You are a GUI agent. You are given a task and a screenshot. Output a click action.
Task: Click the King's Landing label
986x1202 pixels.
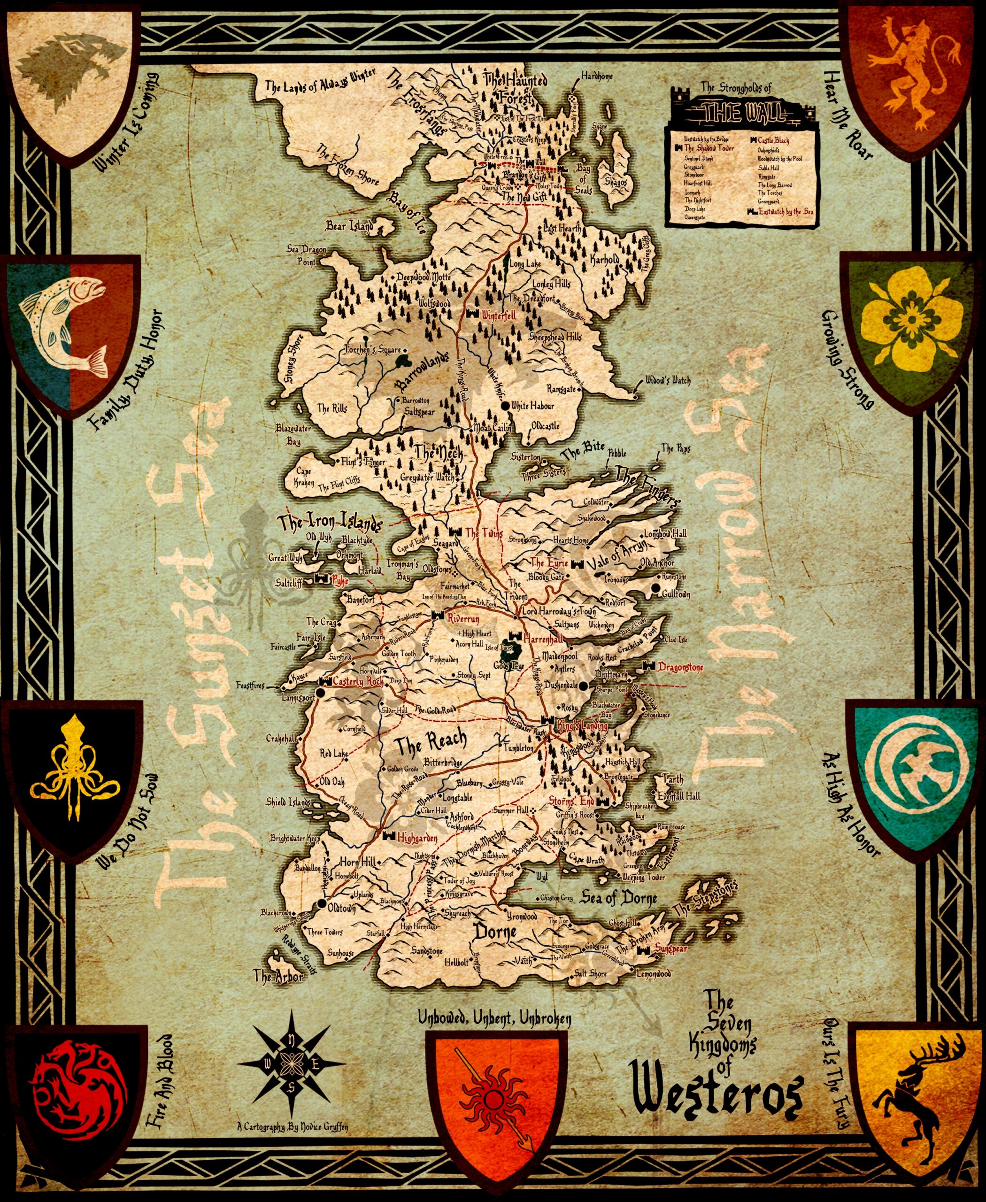click(x=583, y=726)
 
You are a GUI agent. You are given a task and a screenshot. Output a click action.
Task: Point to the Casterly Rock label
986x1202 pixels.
click(x=358, y=681)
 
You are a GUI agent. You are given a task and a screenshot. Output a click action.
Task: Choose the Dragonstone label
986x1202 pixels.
click(x=680, y=668)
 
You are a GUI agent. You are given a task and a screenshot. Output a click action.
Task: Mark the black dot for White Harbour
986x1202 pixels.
click(x=506, y=406)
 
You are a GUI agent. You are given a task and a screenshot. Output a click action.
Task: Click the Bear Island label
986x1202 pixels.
click(x=349, y=227)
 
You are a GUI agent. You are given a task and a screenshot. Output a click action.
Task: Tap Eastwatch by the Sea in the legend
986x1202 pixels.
click(x=786, y=212)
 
